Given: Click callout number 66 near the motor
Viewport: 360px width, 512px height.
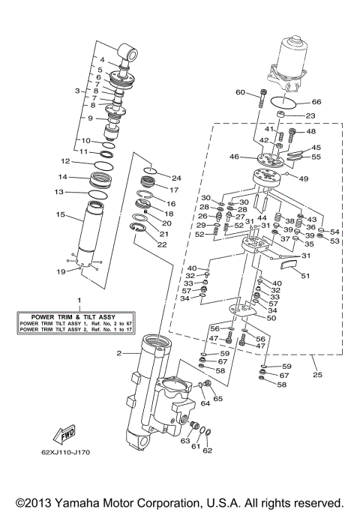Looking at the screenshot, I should [x=316, y=102].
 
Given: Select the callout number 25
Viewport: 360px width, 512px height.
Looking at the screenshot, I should [x=316, y=373].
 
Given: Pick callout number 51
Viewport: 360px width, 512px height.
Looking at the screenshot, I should [x=304, y=275].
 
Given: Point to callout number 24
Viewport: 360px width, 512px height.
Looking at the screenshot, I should [x=176, y=178].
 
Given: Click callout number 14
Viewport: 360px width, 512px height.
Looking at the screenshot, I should [x=63, y=177].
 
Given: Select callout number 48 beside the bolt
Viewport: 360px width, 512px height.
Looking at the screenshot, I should [x=311, y=132].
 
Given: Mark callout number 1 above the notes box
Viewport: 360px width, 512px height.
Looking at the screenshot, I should [x=70, y=301].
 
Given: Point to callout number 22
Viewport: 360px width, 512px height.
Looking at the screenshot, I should [x=162, y=244].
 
